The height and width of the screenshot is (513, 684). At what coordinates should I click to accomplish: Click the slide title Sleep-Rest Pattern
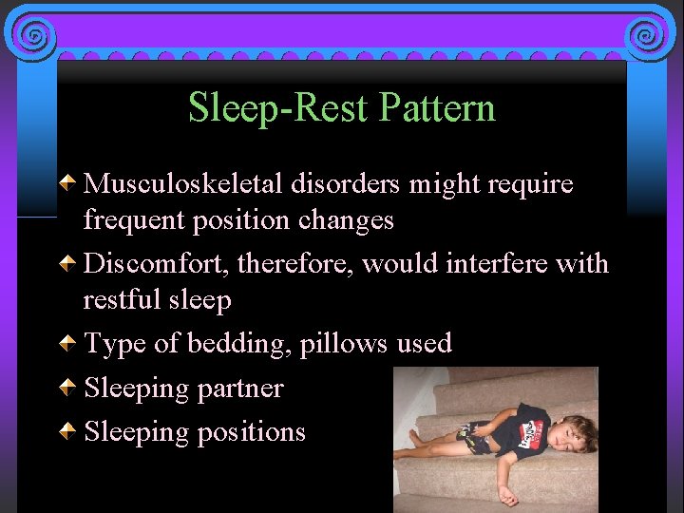(x=342, y=107)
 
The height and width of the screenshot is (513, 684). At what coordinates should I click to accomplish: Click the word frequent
(x=131, y=220)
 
